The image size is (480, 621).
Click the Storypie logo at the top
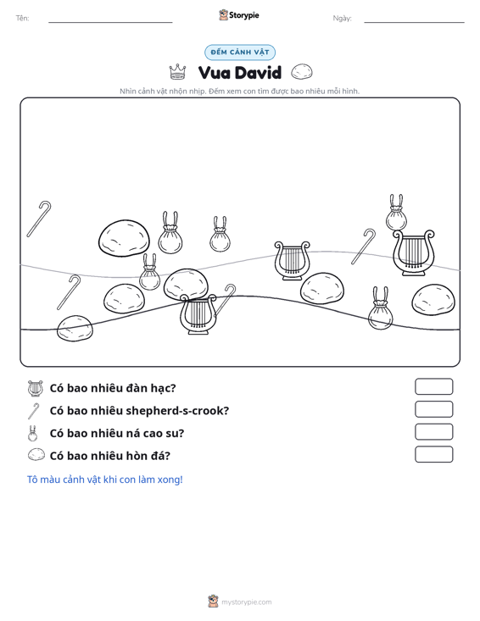pos(239,15)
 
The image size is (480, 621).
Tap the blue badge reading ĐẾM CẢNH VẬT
pos(240,53)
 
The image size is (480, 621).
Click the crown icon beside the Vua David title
pos(177,72)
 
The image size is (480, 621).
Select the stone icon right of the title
pos(302,72)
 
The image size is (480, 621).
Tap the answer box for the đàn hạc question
pos(433,386)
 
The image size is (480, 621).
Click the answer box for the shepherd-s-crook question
pos(433,409)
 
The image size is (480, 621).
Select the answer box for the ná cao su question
pos(433,432)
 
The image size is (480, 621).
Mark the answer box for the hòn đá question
pos(433,454)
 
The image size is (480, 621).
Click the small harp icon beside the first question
pos(36,388)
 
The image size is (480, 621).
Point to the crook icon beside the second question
pos(34,411)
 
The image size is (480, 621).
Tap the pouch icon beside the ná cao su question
pos(32,434)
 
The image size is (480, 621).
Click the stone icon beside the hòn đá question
pos(36,455)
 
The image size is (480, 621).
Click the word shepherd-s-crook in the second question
pos(177,411)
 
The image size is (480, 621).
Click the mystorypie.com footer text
pos(246,602)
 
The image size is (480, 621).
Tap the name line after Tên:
pos(110,22)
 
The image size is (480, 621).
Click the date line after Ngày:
pos(414,22)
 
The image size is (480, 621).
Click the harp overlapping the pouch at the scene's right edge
pos(413,252)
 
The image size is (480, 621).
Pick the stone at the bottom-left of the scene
pos(75,329)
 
